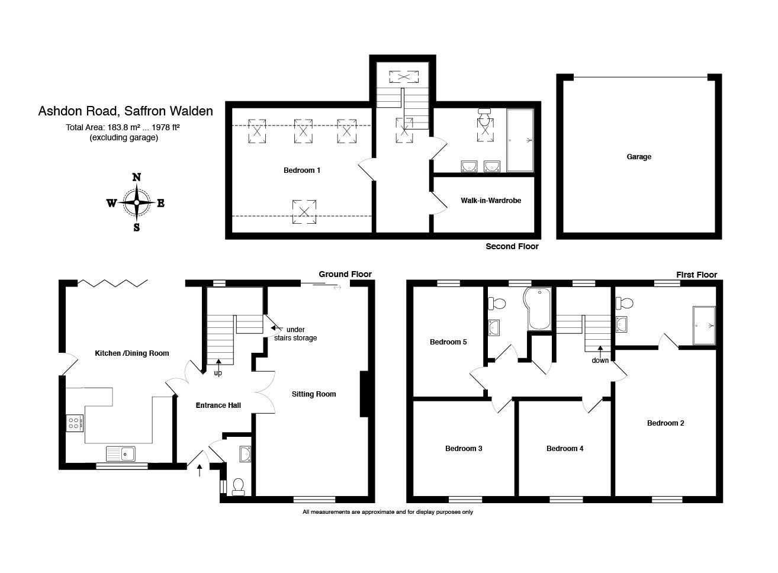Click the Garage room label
coord(639,157)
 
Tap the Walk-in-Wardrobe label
coord(491,201)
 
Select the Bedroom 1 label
coord(302,170)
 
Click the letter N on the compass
coord(136,177)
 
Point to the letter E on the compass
coord(161,203)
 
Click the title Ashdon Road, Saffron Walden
coord(126,111)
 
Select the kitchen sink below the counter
coord(121,453)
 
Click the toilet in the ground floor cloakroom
coord(239,486)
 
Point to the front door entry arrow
coord(199,470)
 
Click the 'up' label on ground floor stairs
coord(218,373)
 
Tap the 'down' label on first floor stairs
coord(600,360)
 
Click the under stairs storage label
coord(295,334)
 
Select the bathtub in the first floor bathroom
coord(539,309)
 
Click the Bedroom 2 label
coord(666,423)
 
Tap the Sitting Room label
coord(314,394)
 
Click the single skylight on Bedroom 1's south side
coord(304,212)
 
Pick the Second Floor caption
coord(512,246)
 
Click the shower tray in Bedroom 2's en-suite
coord(704,326)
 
